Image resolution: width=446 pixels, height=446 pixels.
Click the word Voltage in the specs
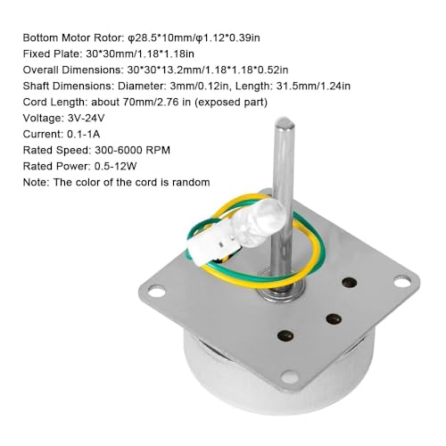pos(43,119)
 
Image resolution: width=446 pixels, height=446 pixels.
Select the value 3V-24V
pos(87,119)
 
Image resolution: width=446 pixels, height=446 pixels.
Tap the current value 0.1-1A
pos(84,134)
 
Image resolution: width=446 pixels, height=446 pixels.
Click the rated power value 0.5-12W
pos(115,166)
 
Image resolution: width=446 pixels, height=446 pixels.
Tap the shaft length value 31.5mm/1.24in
pos(313,86)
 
